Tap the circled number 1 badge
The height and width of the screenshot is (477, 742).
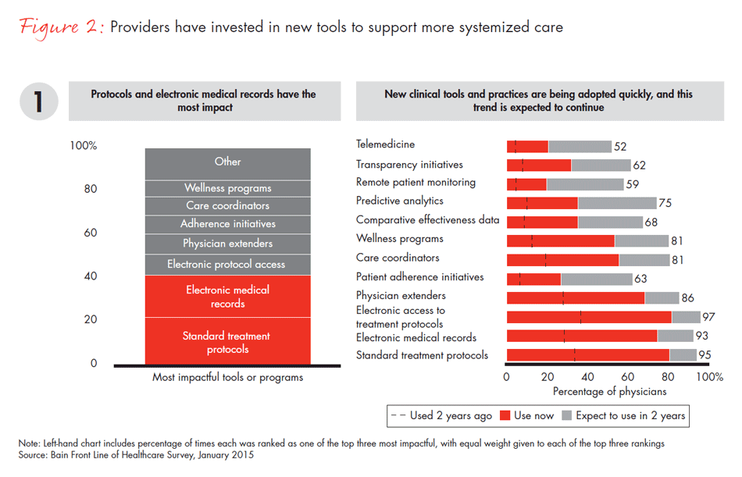click(x=38, y=101)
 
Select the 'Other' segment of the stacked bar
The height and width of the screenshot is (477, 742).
click(x=227, y=162)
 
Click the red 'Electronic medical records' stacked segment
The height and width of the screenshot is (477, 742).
click(x=227, y=297)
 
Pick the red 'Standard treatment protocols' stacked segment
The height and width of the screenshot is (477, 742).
click(x=227, y=342)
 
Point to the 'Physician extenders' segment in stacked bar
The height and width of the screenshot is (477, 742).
click(x=227, y=244)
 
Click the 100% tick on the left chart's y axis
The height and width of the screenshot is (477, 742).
click(x=84, y=146)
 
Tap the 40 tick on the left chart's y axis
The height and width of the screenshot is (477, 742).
click(x=91, y=276)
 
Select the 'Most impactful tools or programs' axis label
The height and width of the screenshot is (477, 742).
click(x=227, y=378)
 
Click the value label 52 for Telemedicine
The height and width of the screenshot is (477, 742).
click(x=621, y=147)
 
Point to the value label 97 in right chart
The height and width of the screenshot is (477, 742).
click(x=710, y=317)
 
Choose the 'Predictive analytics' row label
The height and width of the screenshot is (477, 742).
click(x=399, y=201)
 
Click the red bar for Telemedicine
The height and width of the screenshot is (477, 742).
click(x=527, y=146)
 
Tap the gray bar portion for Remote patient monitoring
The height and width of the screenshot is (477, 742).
click(x=584, y=184)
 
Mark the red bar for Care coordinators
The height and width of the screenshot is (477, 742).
click(x=562, y=260)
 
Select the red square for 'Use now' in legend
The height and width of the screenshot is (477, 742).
click(x=505, y=415)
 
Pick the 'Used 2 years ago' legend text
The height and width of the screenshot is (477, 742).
click(x=451, y=415)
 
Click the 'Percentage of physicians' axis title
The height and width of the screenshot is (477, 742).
click(x=609, y=391)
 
